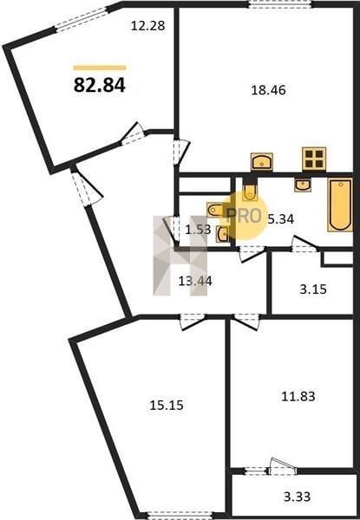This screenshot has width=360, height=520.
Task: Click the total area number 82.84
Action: (x=99, y=85)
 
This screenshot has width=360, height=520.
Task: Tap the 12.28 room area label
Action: (x=147, y=25)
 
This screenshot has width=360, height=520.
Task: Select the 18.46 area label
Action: (x=268, y=90)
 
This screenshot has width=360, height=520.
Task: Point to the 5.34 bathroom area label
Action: (x=281, y=219)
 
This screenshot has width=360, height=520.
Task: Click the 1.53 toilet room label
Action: (x=198, y=229)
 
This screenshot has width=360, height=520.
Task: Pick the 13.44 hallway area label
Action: (x=195, y=281)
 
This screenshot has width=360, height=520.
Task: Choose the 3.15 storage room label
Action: (x=313, y=289)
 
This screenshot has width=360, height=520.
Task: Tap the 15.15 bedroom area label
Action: (x=167, y=405)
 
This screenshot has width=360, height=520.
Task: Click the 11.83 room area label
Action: (x=298, y=396)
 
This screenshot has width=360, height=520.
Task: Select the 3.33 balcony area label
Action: (x=297, y=497)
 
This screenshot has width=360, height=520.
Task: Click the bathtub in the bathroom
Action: (x=340, y=205)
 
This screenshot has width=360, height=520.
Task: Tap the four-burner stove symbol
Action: (x=314, y=159)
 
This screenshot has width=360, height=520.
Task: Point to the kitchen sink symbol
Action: (x=262, y=161)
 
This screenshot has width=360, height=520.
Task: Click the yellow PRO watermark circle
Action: (x=245, y=216)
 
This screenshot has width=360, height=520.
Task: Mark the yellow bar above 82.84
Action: (x=100, y=68)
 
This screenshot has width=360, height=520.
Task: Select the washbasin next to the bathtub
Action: (x=303, y=185)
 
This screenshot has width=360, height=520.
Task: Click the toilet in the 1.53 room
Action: (x=216, y=210)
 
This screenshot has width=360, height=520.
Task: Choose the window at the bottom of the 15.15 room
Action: (x=180, y=515)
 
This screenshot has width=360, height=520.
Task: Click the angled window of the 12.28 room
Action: (x=83, y=18)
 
